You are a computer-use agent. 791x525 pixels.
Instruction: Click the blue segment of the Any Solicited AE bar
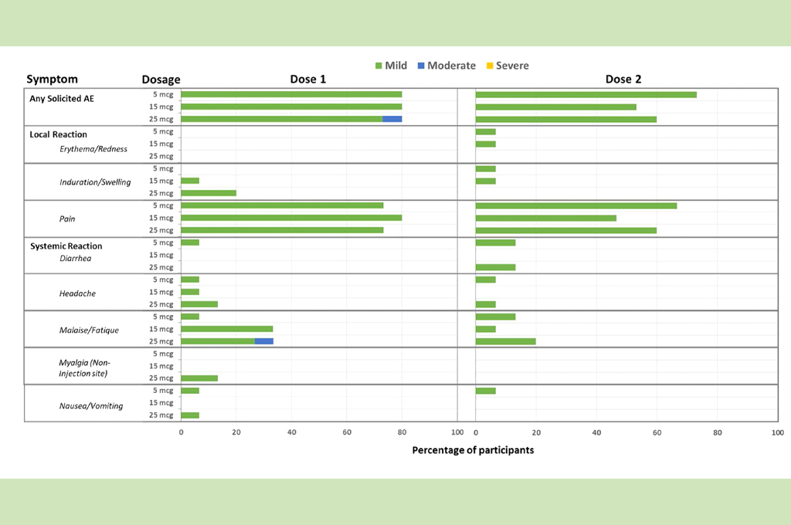coord(392,119)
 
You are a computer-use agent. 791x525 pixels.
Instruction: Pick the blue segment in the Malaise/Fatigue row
coord(264,341)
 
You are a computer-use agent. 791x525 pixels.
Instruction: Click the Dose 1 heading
coord(307,79)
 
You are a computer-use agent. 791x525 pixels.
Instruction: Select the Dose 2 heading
coord(623,79)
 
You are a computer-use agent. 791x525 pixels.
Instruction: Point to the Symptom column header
coord(52,79)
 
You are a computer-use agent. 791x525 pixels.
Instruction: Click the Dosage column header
coord(161,80)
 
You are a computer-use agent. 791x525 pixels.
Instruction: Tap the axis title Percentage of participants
coord(473,450)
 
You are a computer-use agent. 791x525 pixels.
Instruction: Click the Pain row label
coord(67,218)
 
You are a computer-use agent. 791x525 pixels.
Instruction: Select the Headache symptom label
coord(77,293)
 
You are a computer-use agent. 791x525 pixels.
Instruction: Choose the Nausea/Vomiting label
coord(91,406)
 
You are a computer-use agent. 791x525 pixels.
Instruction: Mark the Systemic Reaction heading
coord(66,246)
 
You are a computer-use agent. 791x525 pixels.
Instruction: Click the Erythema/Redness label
coord(93,149)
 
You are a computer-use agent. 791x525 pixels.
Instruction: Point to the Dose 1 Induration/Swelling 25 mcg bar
coord(209,193)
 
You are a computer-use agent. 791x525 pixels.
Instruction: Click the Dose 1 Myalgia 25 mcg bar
coord(199,378)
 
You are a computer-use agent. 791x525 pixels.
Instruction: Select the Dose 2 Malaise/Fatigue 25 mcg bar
coord(506,341)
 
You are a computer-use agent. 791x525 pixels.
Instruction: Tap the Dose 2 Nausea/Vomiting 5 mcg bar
coord(486,391)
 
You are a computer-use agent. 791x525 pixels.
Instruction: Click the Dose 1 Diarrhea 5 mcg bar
coord(190,242)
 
